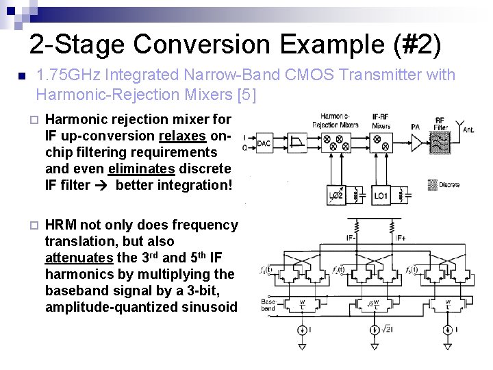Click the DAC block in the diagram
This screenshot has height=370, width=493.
pos(264,144)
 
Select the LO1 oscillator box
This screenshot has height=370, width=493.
pos(381,196)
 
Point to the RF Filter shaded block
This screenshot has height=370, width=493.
pos(442,146)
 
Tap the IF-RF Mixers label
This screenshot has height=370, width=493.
pos(381,121)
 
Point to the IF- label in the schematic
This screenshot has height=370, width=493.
pos(351,238)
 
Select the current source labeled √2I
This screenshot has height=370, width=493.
pos(376,331)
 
